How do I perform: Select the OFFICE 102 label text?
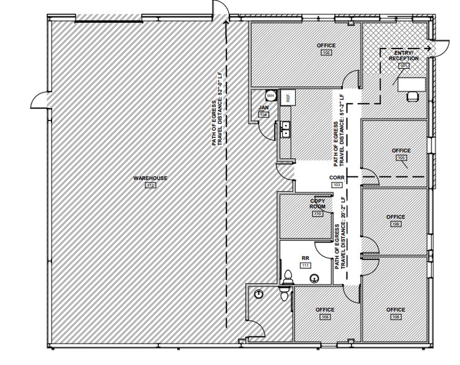pyautogui.click(x=326, y=45)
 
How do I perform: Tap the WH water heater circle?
pyautogui.click(x=270, y=96)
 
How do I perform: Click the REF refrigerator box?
pyautogui.click(x=287, y=97)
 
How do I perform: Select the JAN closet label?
pyautogui.click(x=263, y=107)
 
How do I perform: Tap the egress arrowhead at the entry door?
pyautogui.click(x=428, y=47)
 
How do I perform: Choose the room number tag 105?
pyautogui.click(x=402, y=158)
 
